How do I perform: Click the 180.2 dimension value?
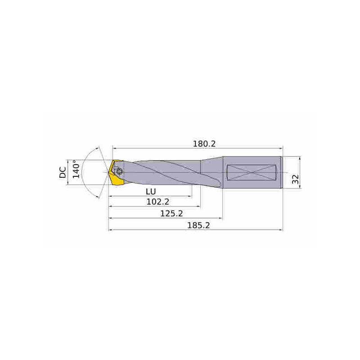coord(205,144)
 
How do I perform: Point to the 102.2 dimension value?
coord(157,202)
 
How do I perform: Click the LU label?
coord(151,191)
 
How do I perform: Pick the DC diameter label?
coord(63,172)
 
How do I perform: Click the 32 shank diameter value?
coord(295,179)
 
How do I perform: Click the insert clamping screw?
coord(119,171)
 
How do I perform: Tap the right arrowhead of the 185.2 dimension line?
coord(280,230)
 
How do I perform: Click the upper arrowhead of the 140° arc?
coord(99,149)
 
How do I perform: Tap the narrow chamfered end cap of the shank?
coord(282,172)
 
